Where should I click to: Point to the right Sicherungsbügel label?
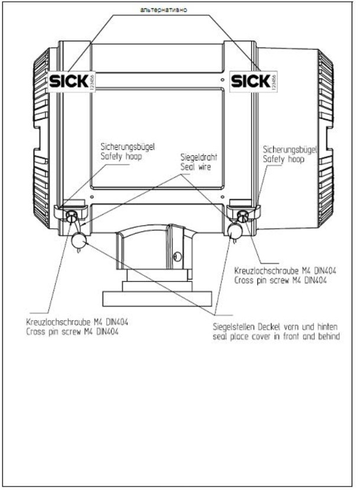(x=290, y=150)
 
